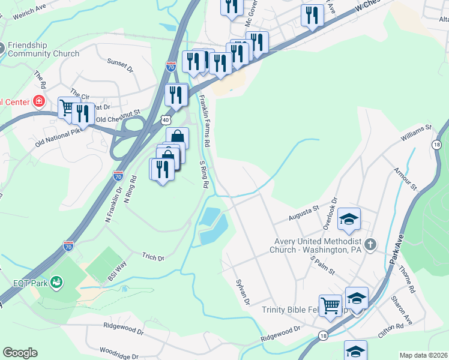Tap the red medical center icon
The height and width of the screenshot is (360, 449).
40,101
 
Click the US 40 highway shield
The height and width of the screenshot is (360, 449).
165,119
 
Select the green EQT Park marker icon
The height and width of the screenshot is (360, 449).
57,281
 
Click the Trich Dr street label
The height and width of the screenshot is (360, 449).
152,257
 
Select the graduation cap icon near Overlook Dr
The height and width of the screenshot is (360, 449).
349,219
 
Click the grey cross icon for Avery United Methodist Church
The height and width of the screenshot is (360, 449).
370,244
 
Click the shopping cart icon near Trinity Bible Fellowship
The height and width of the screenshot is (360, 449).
330,305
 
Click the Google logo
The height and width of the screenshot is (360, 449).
20,353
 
